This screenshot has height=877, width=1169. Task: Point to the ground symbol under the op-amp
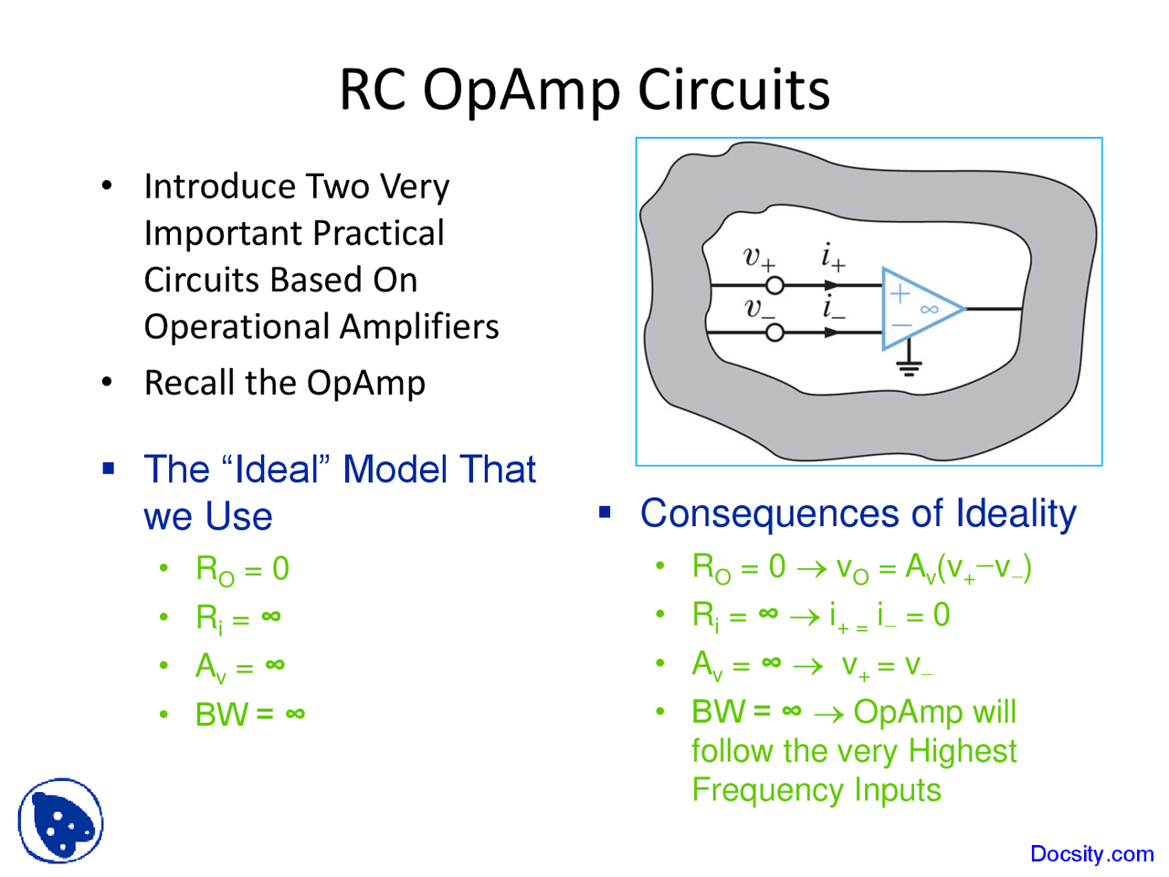[x=909, y=367]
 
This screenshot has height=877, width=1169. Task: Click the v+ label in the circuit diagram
[x=759, y=258]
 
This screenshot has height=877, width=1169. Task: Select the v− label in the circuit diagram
[x=759, y=309]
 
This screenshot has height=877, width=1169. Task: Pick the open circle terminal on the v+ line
[x=774, y=285]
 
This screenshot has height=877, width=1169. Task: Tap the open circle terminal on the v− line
[x=774, y=333]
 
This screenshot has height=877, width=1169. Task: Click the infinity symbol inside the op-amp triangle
[x=929, y=310]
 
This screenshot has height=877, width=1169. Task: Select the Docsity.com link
[x=1091, y=854]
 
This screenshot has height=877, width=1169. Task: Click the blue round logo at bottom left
[x=60, y=820]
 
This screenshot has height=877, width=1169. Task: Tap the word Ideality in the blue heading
[x=1016, y=513]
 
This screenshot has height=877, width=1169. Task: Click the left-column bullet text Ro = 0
[x=243, y=569]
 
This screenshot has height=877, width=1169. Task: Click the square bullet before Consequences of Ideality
[x=605, y=512]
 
